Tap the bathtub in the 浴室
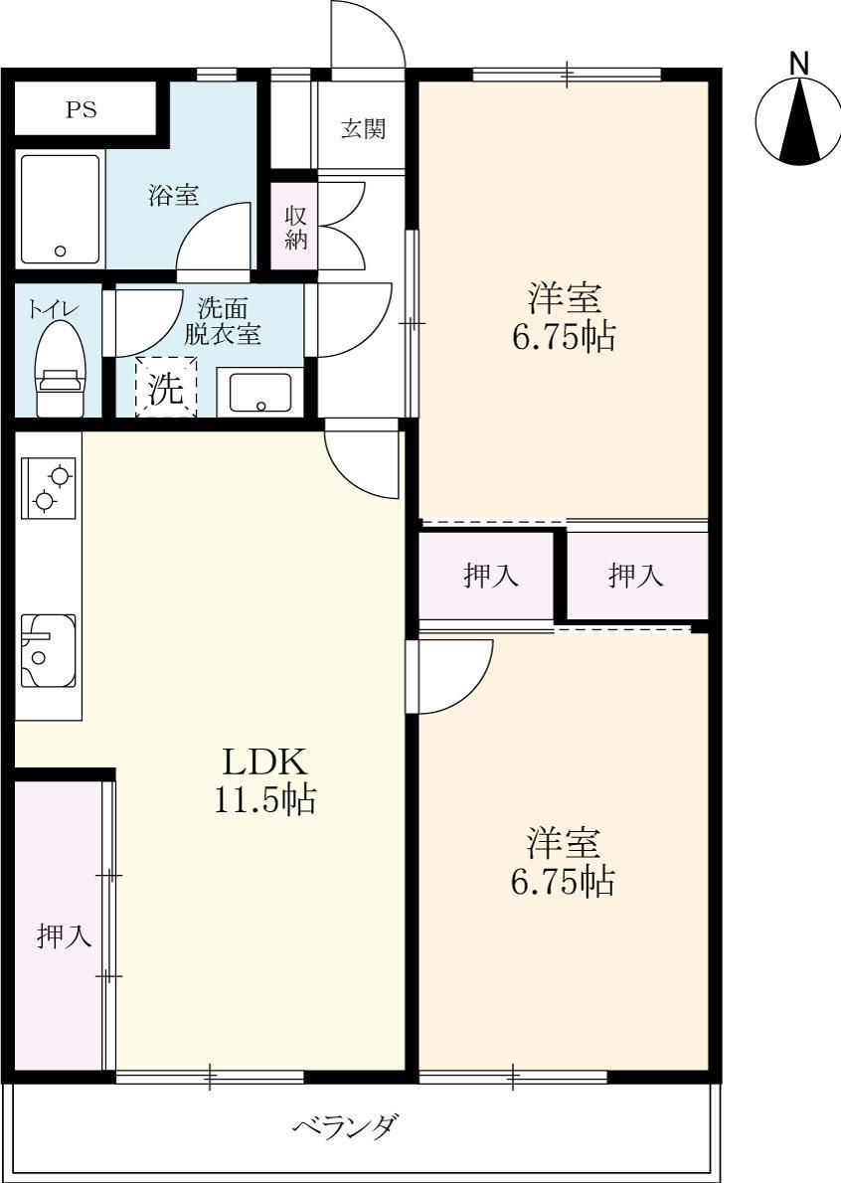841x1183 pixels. (x=60, y=209)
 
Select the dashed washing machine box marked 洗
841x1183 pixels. (x=166, y=387)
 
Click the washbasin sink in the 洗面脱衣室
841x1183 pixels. (x=260, y=392)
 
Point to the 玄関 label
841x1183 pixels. (x=363, y=129)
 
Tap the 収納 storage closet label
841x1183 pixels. (x=296, y=227)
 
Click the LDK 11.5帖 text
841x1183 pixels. (x=264, y=780)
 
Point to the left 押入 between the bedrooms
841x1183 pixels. (x=491, y=576)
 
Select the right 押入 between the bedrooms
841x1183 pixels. (x=636, y=576)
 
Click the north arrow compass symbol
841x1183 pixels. (x=798, y=120)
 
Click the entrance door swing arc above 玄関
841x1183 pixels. (x=369, y=35)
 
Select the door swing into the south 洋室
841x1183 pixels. (x=452, y=677)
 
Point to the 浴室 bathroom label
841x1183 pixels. (x=174, y=196)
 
